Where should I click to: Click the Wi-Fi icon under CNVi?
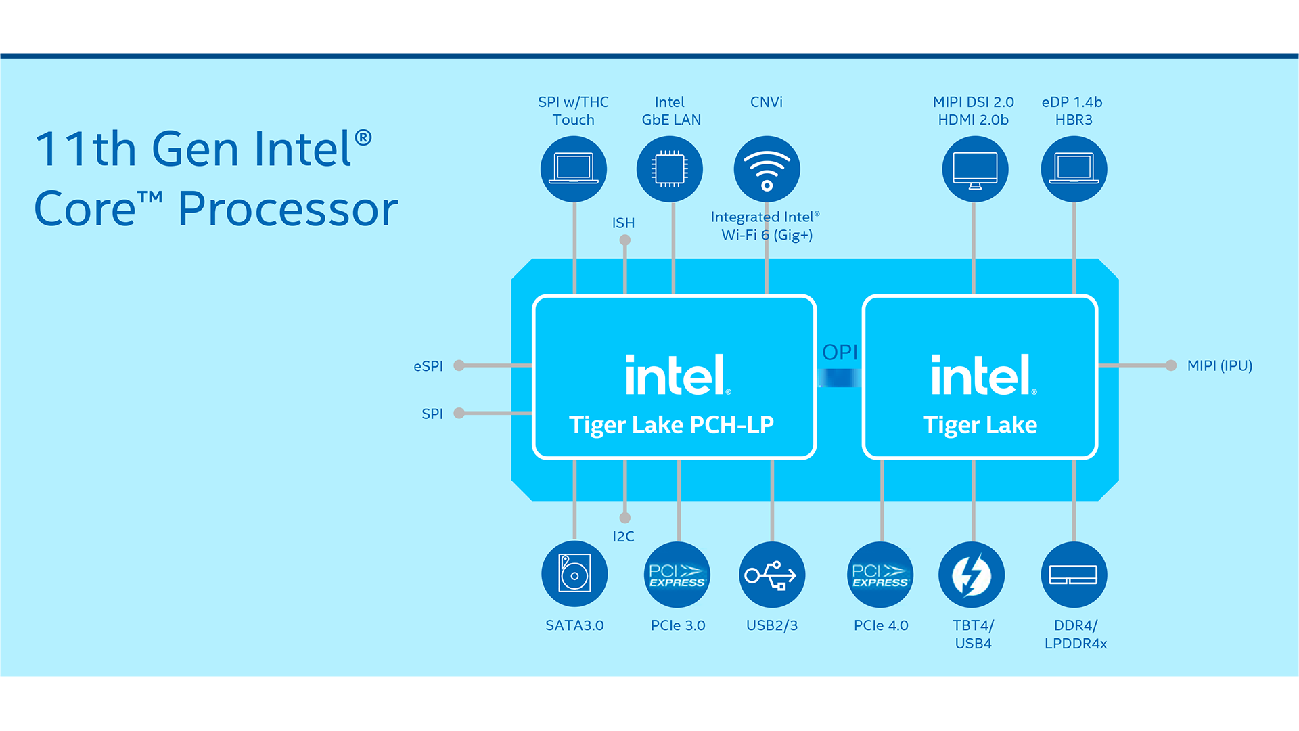pos(767,169)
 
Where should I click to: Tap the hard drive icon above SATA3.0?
pos(574,575)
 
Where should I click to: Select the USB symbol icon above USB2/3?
pos(772,575)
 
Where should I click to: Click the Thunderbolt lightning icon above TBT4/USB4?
pos(972,575)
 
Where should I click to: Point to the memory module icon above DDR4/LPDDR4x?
pos(1074,575)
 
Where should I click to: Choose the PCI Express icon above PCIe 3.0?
pos(677,575)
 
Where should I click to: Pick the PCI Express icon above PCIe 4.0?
pos(880,575)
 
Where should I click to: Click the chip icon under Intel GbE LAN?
pos(670,169)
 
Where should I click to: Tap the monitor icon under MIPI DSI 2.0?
pos(975,169)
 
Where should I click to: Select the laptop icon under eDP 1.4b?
pos(1074,169)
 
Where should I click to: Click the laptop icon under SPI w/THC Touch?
pos(574,169)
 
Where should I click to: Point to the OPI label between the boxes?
pos(840,352)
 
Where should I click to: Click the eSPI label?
pos(428,366)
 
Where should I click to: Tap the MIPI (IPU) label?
pos(1220,365)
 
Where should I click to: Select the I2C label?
pos(623,537)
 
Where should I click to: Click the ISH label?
pos(623,223)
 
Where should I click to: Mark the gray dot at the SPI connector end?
pos(459,413)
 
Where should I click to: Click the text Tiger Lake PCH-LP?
pos(671,425)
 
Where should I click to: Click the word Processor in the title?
pos(288,208)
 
